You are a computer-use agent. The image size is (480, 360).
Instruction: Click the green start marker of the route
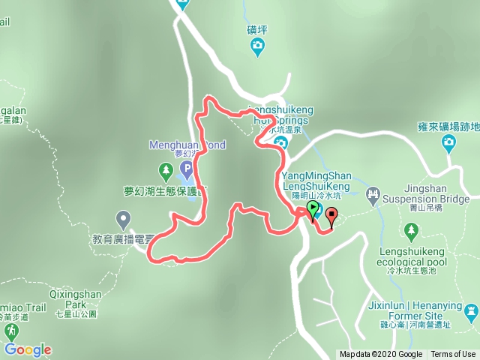pyautogui.click(x=313, y=209)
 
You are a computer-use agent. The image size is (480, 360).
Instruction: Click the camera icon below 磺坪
pyautogui.click(x=258, y=47)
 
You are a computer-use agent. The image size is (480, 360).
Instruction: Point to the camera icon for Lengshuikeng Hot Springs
pyautogui.click(x=281, y=142)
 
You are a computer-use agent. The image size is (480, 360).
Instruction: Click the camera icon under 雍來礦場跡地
pyautogui.click(x=449, y=142)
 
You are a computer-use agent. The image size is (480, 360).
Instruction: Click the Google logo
pyautogui.click(x=28, y=349)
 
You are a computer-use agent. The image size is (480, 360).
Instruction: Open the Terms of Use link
pyautogui.click(x=452, y=355)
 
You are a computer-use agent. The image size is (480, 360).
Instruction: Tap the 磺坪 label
pyautogui.click(x=257, y=30)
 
